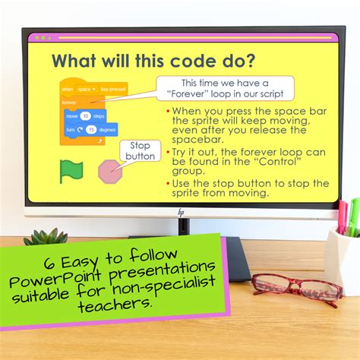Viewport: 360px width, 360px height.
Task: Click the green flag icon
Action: (71, 170)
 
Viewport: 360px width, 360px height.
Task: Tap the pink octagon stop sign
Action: (110, 170)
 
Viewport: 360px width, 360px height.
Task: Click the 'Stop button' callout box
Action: (140, 150)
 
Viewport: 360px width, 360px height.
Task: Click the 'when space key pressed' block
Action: (93, 90)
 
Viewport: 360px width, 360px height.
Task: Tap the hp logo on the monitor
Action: (182, 213)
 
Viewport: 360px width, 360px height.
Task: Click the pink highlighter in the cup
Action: (343, 216)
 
